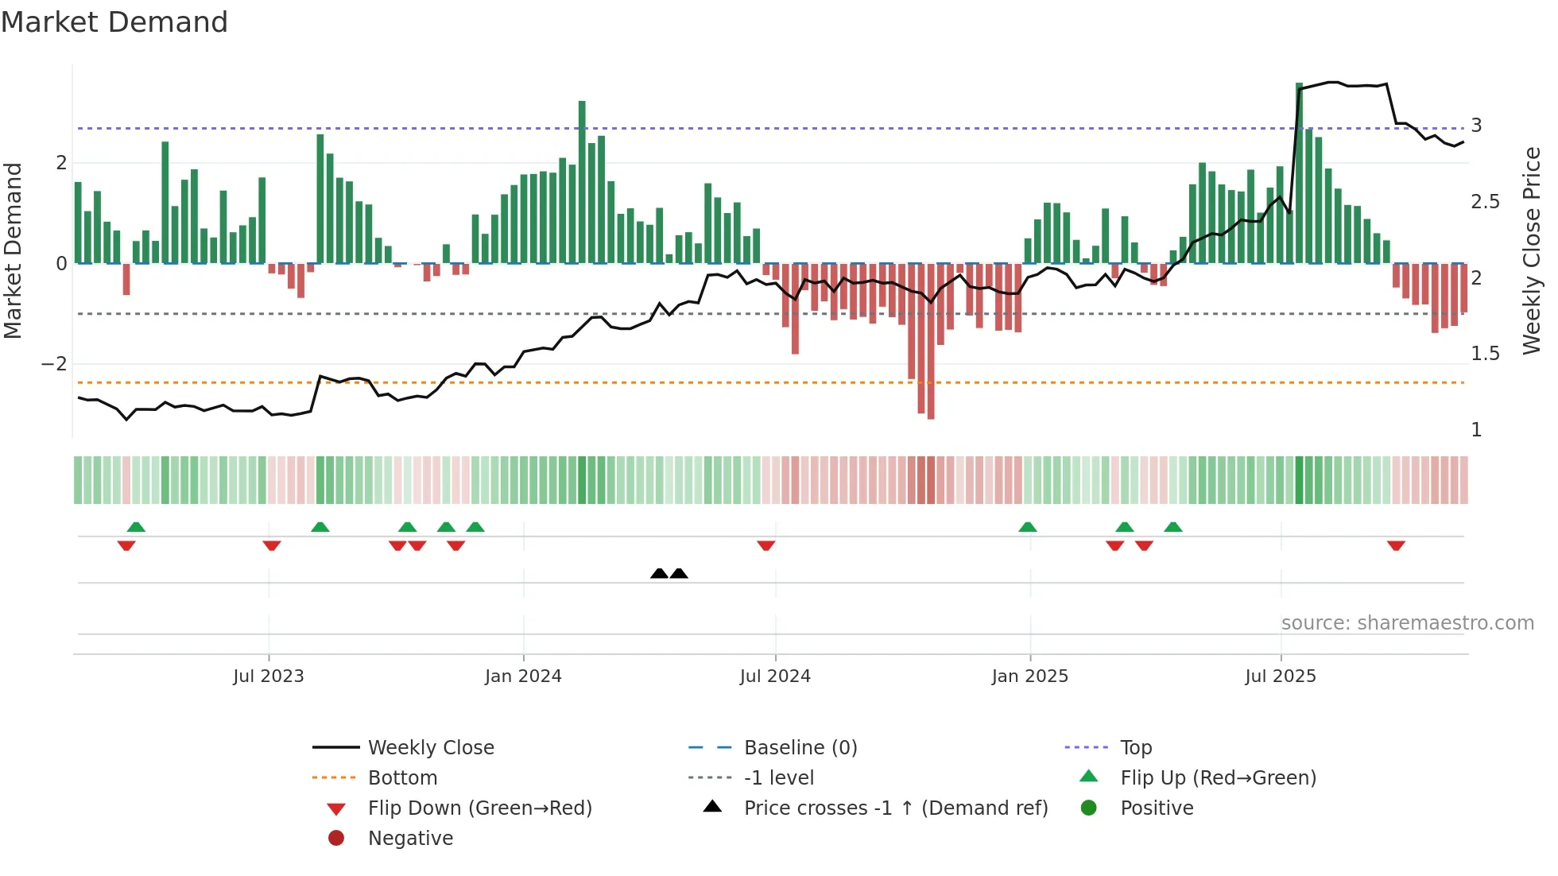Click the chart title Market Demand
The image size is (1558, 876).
tap(114, 22)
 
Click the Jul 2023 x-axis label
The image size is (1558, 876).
tap(268, 676)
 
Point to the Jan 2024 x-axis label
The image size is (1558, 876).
tap(523, 676)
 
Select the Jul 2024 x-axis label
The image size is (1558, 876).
tap(775, 676)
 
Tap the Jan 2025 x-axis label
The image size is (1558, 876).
tap(1029, 676)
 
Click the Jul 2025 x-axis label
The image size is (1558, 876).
tap(1281, 676)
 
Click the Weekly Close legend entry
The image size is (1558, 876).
tap(430, 748)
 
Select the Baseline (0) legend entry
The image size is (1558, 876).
tap(800, 748)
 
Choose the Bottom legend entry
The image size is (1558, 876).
tap(402, 778)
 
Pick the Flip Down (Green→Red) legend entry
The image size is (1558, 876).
tap(479, 808)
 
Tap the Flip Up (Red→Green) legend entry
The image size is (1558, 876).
tap(1218, 778)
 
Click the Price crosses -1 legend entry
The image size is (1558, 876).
tap(895, 808)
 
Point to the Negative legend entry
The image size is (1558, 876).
tap(410, 839)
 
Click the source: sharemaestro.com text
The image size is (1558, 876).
tap(1407, 623)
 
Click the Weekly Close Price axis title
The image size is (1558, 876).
tap(1531, 250)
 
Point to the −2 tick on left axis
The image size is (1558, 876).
tap(54, 364)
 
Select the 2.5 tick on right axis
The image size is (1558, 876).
tap(1485, 202)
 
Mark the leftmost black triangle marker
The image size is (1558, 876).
tap(659, 573)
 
